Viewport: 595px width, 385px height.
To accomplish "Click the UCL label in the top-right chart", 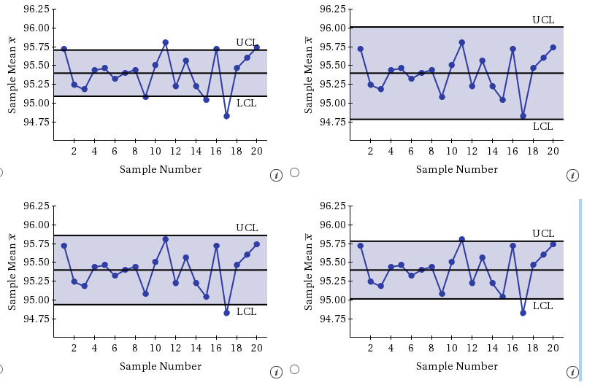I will pyautogui.click(x=542, y=20).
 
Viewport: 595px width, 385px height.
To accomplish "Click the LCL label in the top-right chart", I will pyautogui.click(x=542, y=126).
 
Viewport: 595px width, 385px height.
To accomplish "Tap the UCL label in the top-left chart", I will pyautogui.click(x=246, y=42).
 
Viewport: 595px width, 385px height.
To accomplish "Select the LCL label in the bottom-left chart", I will pyautogui.click(x=246, y=311).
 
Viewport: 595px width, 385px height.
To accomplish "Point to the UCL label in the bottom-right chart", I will pyautogui.click(x=542, y=233).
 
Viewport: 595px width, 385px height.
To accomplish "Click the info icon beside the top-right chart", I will pyautogui.click(x=572, y=175).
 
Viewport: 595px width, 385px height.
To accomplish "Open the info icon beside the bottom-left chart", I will pyautogui.click(x=276, y=372).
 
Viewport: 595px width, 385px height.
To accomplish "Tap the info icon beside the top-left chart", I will pyautogui.click(x=276, y=175).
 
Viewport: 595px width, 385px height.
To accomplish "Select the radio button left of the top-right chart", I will pyautogui.click(x=294, y=173).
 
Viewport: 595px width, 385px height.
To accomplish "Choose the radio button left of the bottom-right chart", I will pyautogui.click(x=294, y=369).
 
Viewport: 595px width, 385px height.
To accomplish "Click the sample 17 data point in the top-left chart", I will pyautogui.click(x=227, y=116).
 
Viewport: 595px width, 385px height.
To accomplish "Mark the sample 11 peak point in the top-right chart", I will pyautogui.click(x=462, y=42).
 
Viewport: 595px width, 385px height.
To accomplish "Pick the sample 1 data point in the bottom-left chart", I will pyautogui.click(x=64, y=246).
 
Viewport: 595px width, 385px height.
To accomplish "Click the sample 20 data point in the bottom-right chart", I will pyautogui.click(x=553, y=244).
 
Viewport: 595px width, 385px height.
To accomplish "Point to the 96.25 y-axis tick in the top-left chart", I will pyautogui.click(x=36, y=9).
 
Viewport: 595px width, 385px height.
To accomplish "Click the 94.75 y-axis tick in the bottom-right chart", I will pyautogui.click(x=332, y=319).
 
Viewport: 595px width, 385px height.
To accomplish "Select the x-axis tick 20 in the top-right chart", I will pyautogui.click(x=553, y=151).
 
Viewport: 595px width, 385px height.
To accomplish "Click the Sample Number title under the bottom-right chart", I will pyautogui.click(x=457, y=366).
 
